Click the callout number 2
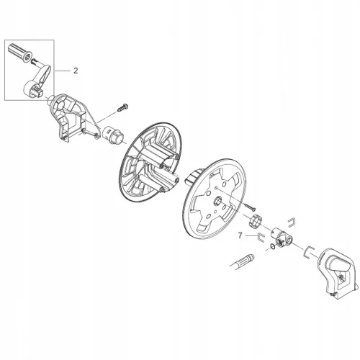pos(76,71)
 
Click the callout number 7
pos(240,235)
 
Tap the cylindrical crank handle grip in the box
pos(20,53)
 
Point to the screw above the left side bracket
pos(122,107)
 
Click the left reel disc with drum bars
pos(150,161)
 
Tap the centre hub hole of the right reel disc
pos(218,199)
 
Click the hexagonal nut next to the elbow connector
pos(256,221)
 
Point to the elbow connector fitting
pos(282,238)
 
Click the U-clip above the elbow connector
pos(291,222)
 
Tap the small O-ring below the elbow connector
pos(272,246)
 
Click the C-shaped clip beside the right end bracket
pos(308,251)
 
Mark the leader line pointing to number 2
pos(62,71)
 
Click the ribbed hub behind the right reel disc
pos(192,177)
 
